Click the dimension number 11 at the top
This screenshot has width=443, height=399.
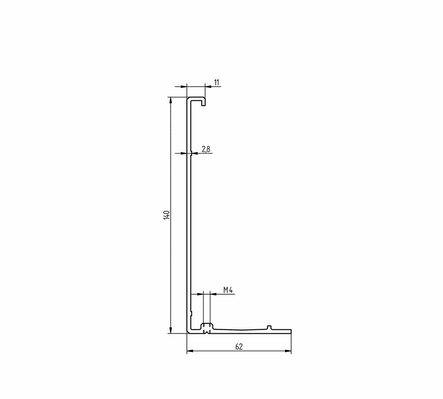(x=217, y=83)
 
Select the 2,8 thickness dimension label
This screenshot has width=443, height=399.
(x=206, y=149)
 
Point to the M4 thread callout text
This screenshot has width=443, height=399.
(x=228, y=290)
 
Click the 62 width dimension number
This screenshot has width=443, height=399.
(x=239, y=347)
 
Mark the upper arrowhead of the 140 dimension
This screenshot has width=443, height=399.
(x=170, y=100)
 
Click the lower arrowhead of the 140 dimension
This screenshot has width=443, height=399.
(x=170, y=330)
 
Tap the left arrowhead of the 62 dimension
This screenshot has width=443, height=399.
(x=190, y=351)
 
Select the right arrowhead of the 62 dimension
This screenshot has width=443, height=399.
(x=288, y=351)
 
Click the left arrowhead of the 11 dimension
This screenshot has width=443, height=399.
(x=184, y=86)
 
